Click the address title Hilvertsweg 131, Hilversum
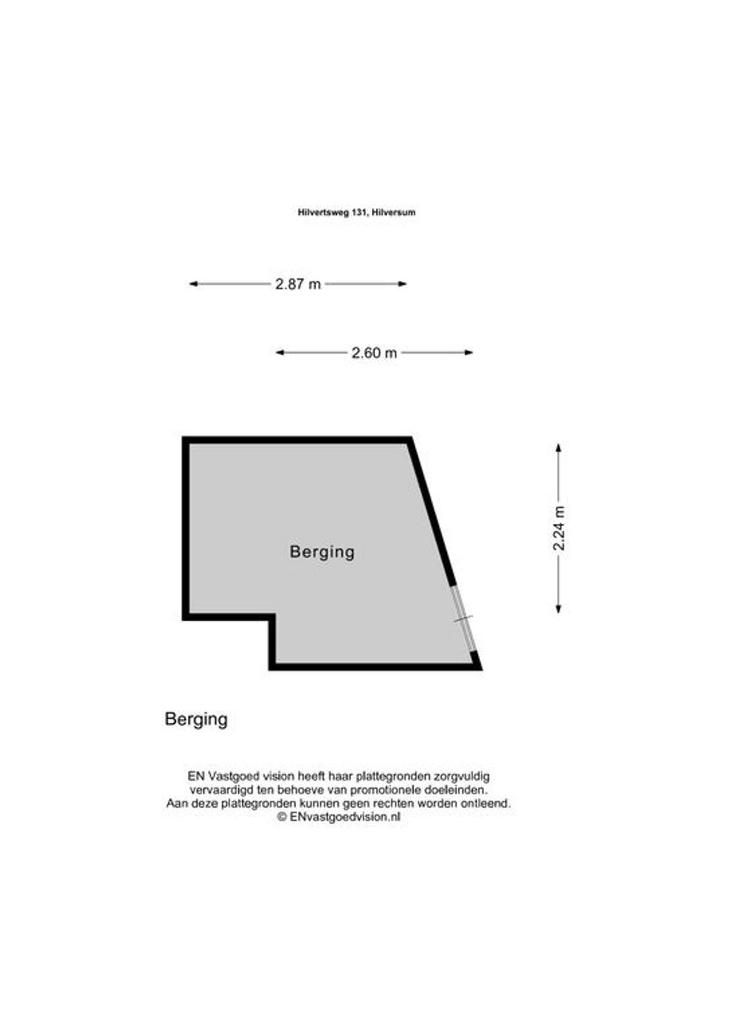(356, 212)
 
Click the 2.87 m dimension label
(298, 284)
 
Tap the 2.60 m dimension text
(375, 353)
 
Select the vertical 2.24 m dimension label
(559, 528)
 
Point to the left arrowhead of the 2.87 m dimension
(193, 284)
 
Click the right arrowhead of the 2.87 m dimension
(402, 284)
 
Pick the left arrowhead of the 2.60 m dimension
(279, 353)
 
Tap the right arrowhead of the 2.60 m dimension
(469, 353)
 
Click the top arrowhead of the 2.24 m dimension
(559, 447)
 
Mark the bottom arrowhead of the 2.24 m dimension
(559, 609)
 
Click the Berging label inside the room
(322, 552)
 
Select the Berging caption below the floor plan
(196, 719)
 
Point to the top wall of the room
(297, 440)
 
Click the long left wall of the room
(186, 528)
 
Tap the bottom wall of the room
(375, 667)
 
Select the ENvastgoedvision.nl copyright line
(339, 817)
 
